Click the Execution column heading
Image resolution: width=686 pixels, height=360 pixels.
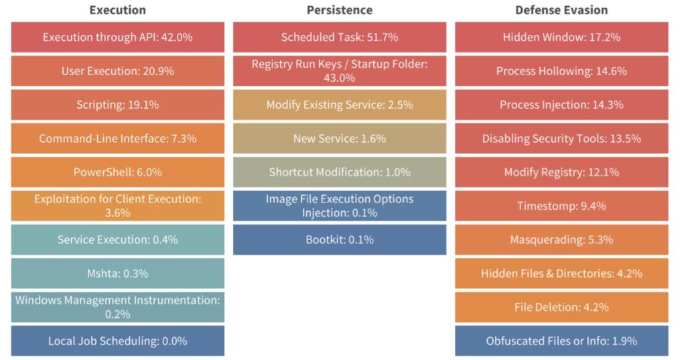pos(117,10)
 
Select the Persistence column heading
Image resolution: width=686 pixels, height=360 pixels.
pos(339,10)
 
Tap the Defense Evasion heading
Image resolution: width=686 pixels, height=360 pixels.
pos(561,10)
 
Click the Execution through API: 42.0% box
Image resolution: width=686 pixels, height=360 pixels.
pos(117,38)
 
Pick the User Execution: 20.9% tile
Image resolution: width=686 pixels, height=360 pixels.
pos(117,71)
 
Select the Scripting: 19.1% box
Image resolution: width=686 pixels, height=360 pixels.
pos(117,105)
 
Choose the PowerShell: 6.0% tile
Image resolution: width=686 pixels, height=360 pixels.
pos(117,172)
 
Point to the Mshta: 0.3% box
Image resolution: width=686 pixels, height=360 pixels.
pos(117,273)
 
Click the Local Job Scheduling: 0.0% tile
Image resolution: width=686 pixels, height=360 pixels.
pos(117,341)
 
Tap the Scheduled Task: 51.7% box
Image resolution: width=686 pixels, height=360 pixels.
pos(339,38)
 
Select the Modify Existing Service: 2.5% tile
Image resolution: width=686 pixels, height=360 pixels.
pos(339,105)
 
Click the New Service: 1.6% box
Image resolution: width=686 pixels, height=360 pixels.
pos(339,139)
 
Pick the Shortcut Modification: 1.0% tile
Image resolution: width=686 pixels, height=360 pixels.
pos(339,172)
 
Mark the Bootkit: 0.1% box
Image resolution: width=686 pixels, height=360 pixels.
pos(339,239)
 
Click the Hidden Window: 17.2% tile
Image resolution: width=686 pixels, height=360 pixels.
pos(561,38)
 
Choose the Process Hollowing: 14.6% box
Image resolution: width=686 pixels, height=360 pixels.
pos(561,71)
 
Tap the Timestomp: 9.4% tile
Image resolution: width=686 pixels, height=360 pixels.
pos(561,206)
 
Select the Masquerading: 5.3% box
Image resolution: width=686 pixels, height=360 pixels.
pos(561,239)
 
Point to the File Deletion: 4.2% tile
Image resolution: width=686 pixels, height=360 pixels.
pos(561,307)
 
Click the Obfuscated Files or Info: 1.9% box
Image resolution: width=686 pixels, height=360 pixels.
pos(561,341)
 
